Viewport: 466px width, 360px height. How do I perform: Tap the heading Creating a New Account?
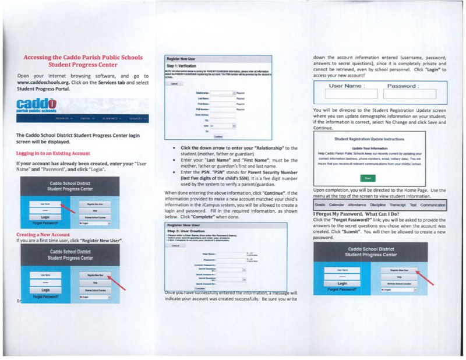tap(44, 234)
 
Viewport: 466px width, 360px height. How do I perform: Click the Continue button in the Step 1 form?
tap(219, 136)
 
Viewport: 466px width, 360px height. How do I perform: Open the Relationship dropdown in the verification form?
tap(234, 93)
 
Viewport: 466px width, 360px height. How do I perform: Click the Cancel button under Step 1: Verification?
tap(174, 83)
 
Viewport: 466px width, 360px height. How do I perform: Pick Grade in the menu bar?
tap(320, 205)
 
